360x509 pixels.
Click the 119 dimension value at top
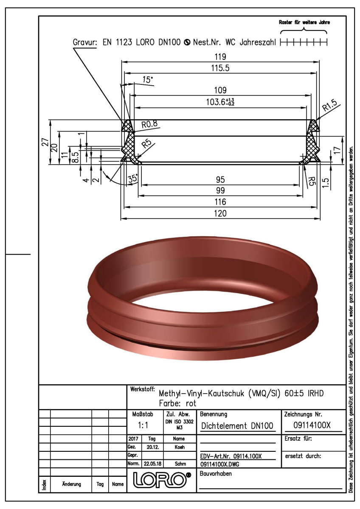[220, 56]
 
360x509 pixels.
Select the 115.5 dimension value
[220, 68]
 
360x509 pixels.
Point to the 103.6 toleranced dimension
[220, 102]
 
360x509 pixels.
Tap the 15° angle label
[148, 80]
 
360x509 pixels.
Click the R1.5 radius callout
[329, 105]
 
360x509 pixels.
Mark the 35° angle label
[133, 178]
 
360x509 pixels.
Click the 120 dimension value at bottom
[220, 213]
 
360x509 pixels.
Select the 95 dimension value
[220, 179]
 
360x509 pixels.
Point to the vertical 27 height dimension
[46, 142]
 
